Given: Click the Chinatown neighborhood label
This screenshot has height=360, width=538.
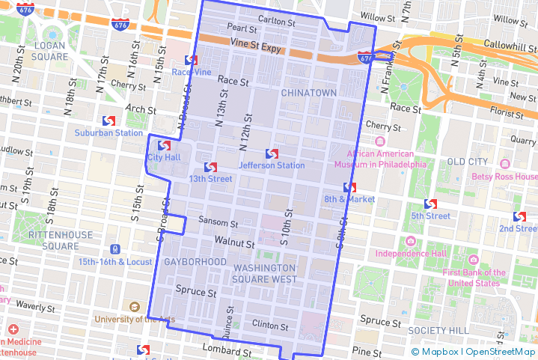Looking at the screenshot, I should coord(309,92).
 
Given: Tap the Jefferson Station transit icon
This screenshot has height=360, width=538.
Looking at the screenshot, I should coord(272,153).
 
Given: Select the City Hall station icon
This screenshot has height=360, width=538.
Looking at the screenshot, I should coord(164,145).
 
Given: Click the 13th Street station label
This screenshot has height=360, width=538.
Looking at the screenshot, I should coord(210,179).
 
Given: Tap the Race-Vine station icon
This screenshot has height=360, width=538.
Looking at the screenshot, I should coord(192,60).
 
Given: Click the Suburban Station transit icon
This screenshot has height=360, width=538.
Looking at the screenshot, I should coord(108,120).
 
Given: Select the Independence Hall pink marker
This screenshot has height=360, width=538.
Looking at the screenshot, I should coord(410,241).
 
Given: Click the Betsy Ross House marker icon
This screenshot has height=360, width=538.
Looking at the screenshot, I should coord(504,164).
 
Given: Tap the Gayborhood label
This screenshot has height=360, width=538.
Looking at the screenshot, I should coord(195,262).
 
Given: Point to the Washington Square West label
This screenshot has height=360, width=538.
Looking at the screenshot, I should coord(265,274).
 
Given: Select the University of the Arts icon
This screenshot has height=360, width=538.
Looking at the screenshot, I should coord(134,307).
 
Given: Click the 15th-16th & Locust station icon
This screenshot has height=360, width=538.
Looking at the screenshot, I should coord(114,249).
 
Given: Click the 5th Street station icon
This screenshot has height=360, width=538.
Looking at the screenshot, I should coord(430,204).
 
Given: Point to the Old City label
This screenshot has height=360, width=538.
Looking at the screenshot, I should coord(467,162).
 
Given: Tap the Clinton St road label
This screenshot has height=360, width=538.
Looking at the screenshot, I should coord(270,326).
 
